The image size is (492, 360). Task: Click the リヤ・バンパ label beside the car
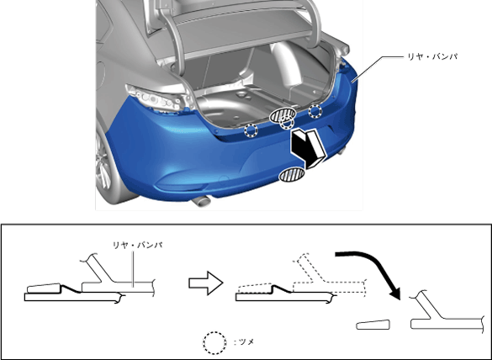(x=432, y=56)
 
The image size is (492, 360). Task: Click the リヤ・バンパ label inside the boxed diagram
(x=137, y=245)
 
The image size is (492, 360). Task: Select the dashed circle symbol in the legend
(x=214, y=342)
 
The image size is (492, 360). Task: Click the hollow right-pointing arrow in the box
(x=205, y=283)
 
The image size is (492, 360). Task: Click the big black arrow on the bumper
(x=308, y=148)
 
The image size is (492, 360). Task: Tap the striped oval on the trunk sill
(x=283, y=114)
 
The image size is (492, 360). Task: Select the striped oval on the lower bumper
(x=292, y=174)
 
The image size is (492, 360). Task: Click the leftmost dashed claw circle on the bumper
(x=251, y=130)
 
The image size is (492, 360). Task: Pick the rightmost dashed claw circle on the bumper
(x=315, y=111)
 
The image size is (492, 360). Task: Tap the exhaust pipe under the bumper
(x=200, y=201)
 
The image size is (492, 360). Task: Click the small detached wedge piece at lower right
(x=373, y=325)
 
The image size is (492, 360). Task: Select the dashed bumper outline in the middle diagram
(x=330, y=276)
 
